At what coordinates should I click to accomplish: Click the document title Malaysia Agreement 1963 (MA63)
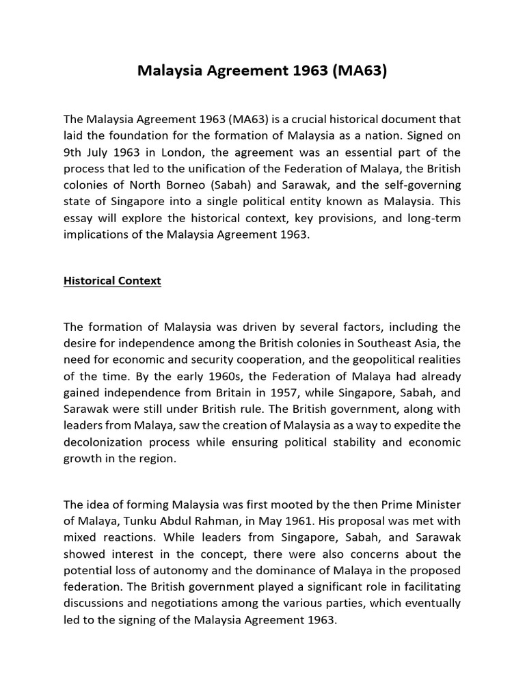tap(262, 70)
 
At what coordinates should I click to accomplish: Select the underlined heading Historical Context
tap(112, 281)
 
